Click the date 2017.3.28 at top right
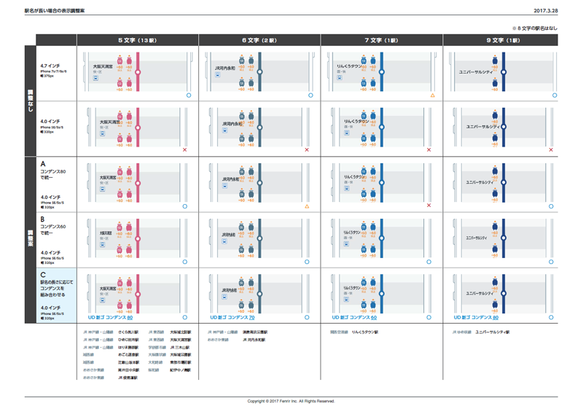[x=546, y=12]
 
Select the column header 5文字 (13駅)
[x=137, y=40]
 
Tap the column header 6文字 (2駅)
[x=259, y=40]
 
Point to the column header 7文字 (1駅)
[x=381, y=40]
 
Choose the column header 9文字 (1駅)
[x=503, y=40]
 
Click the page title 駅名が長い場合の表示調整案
[x=54, y=12]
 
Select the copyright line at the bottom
[x=291, y=401]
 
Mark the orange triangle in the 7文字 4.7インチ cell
[x=432, y=96]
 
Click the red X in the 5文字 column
[x=185, y=150]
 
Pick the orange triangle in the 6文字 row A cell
[x=307, y=206]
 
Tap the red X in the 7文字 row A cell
[x=429, y=206]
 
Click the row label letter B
[x=43, y=219]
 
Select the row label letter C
[x=43, y=275]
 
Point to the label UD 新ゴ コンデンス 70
[x=232, y=318]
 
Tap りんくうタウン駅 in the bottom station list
[x=369, y=332]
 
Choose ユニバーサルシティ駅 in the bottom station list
[x=493, y=332]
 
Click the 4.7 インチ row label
[x=50, y=66]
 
